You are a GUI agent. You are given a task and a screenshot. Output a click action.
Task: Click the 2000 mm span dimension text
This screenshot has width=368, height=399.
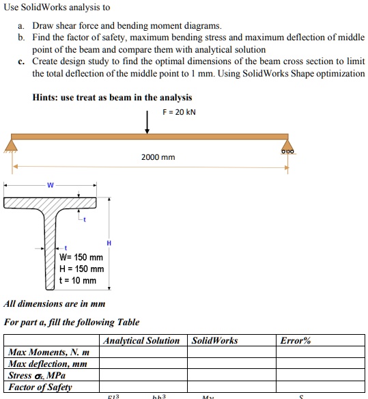coord(158,157)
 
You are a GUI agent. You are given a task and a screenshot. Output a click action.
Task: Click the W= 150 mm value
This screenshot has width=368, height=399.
coord(81,258)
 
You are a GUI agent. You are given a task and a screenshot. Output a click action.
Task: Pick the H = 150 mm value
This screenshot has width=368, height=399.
coord(81,269)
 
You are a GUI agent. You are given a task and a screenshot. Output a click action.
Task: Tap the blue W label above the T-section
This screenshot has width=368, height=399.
coord(50,184)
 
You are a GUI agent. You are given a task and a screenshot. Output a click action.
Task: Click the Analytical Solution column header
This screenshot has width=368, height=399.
coord(141,340)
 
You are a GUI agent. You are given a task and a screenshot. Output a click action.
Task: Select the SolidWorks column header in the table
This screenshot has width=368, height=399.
coord(215,340)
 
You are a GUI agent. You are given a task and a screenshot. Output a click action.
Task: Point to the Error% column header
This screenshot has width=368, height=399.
coord(296,340)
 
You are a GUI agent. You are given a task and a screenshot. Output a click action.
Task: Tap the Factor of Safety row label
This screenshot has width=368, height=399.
coord(40,387)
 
